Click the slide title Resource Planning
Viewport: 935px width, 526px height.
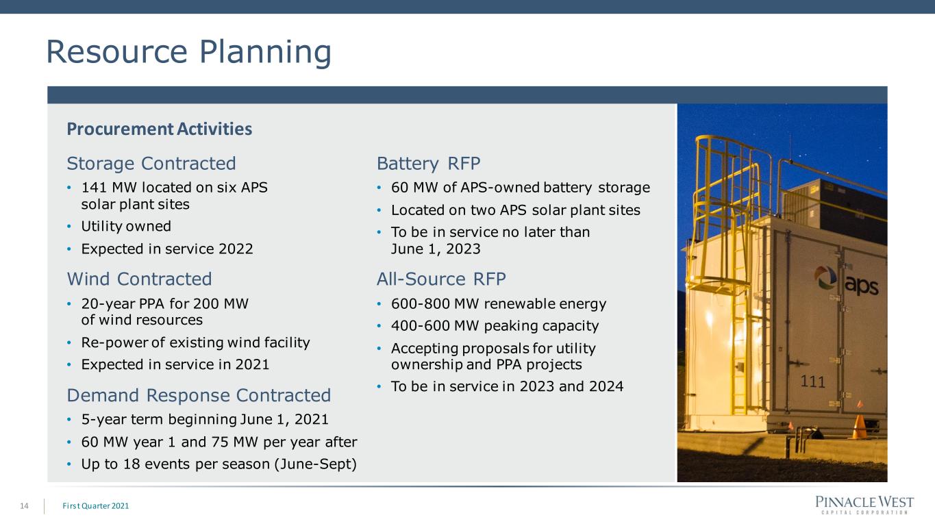pyautogui.click(x=188, y=52)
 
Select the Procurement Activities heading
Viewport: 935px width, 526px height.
pyautogui.click(x=160, y=129)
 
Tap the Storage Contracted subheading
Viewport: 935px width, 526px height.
pyautogui.click(x=151, y=163)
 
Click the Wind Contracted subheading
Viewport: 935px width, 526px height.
pyautogui.click(x=140, y=279)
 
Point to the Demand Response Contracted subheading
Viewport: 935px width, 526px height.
pyautogui.click(x=199, y=395)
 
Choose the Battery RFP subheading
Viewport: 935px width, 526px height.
pyautogui.click(x=428, y=163)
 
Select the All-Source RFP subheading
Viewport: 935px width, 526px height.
pyautogui.click(x=441, y=279)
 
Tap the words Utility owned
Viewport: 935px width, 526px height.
pyautogui.click(x=126, y=226)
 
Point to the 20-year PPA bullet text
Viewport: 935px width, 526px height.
pyautogui.click(x=165, y=312)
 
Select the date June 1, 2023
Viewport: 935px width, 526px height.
pyautogui.click(x=436, y=249)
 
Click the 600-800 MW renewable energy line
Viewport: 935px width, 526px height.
pyautogui.click(x=499, y=304)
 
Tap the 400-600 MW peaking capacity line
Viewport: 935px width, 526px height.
pyautogui.click(x=495, y=325)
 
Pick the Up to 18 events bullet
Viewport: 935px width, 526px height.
pyautogui.click(x=219, y=464)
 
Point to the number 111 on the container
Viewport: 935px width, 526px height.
pyautogui.click(x=812, y=381)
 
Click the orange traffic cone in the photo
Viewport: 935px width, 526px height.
pyautogui.click(x=859, y=424)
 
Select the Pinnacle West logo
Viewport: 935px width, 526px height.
pyautogui.click(x=864, y=505)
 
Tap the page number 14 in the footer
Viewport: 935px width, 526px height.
pyautogui.click(x=24, y=506)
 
